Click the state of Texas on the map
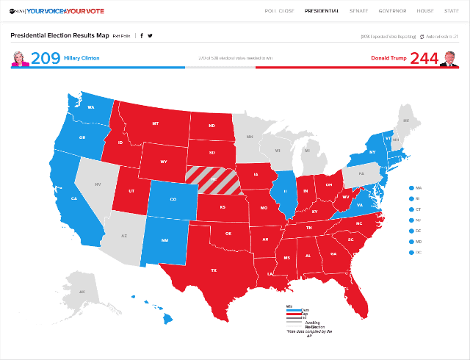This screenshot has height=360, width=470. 213,268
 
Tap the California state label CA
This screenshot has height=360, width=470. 73,198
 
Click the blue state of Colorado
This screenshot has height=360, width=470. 173,198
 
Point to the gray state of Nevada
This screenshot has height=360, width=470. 98,186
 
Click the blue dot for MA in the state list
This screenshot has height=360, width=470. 412,187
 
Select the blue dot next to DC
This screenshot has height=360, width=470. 412,253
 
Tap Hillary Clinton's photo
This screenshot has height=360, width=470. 20,58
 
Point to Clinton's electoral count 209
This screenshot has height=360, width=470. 46,58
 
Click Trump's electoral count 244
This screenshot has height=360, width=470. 424,58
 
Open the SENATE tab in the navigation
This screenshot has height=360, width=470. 358,11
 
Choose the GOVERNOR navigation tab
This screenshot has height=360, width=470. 392,11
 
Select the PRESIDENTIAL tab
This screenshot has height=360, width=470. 322,11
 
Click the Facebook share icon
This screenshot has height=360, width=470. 142,35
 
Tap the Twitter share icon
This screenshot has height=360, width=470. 150,35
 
